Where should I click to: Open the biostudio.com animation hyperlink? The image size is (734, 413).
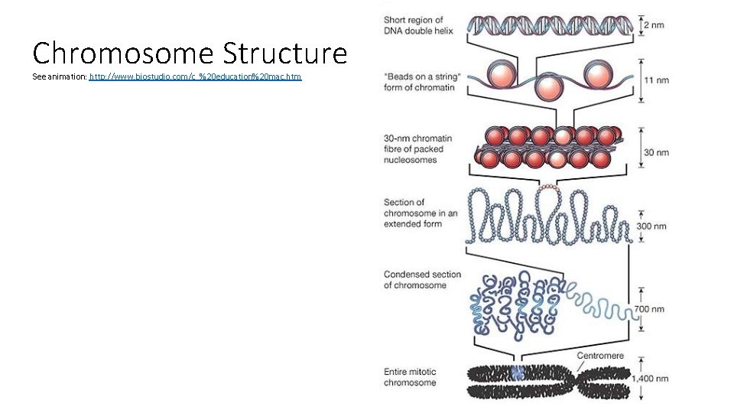[196, 77]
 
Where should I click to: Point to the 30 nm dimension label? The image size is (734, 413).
[656, 152]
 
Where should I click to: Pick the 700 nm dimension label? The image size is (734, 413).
[650, 309]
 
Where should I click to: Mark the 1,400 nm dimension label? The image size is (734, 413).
[649, 378]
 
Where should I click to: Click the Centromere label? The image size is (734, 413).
[599, 356]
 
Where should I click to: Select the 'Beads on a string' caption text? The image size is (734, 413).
[419, 82]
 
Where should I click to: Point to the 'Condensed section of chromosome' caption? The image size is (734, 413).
[422, 280]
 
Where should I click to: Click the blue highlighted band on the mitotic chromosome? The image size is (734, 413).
[518, 373]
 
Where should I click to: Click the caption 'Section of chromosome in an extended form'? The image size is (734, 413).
[420, 213]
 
